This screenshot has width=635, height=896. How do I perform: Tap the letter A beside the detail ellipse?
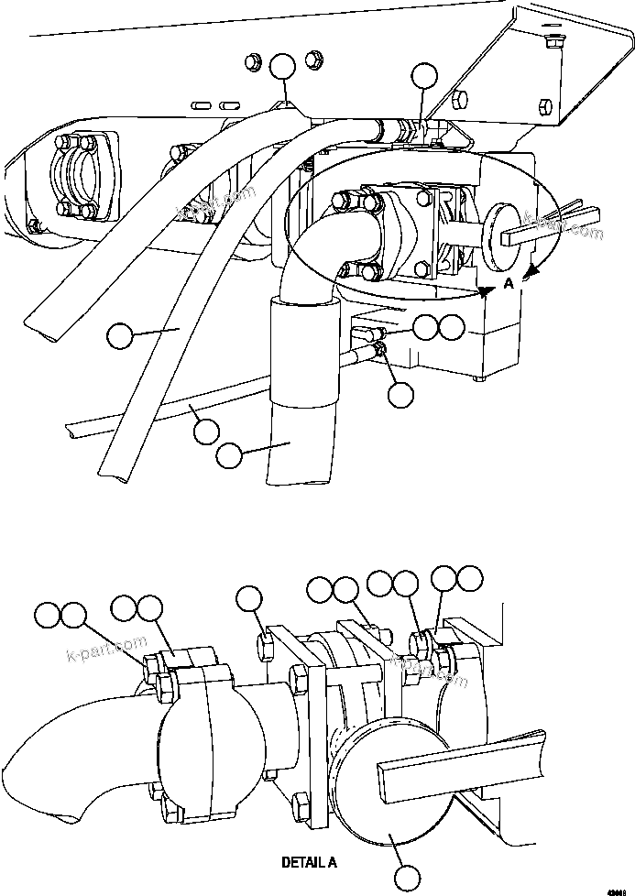click(507, 285)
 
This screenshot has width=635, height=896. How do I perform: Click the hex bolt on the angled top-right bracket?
click(553, 41)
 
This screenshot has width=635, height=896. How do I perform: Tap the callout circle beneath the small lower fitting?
click(400, 394)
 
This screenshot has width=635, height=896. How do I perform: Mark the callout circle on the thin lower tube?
click(206, 429)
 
